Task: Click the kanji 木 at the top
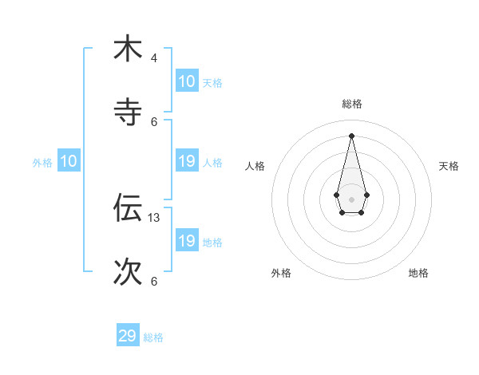[x=128, y=49]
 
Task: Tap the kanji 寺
[x=128, y=112]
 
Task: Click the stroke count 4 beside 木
[x=153, y=57]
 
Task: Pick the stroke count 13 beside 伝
[x=155, y=217]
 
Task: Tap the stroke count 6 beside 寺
[x=154, y=121]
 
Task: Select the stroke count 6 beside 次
[x=153, y=281]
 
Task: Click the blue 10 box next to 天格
[x=186, y=81]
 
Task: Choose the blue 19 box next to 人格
[x=186, y=162]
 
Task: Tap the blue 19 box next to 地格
[x=186, y=241]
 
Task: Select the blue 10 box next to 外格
[x=69, y=162]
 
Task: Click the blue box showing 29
[x=128, y=336]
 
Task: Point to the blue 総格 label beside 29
[x=153, y=337]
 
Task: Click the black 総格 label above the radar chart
[x=351, y=104]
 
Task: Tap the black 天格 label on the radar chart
[x=449, y=166]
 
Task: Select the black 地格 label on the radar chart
[x=418, y=273]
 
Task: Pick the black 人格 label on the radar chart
[x=255, y=166]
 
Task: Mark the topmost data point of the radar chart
[x=351, y=135]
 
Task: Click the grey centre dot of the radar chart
[x=351, y=199]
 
